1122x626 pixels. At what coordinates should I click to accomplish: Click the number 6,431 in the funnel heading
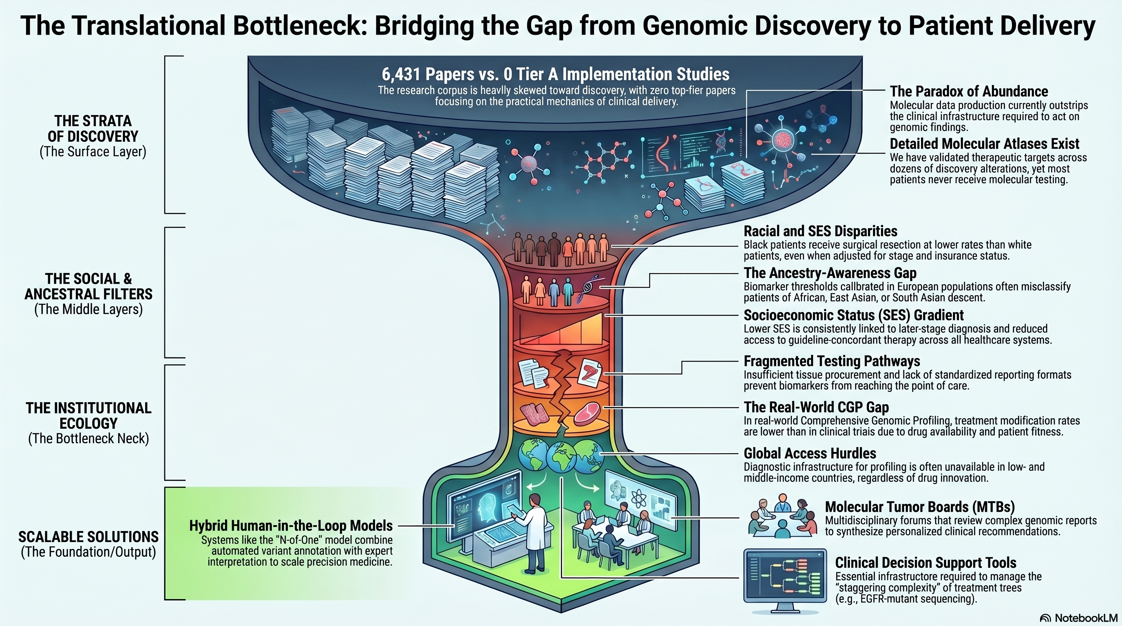click(401, 75)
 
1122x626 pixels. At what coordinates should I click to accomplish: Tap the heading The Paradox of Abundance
click(969, 91)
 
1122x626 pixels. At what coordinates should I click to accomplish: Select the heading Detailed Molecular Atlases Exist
click(984, 143)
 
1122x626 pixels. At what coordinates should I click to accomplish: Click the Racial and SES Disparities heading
click(820, 231)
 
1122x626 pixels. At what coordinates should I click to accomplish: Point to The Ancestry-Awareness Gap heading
click(830, 273)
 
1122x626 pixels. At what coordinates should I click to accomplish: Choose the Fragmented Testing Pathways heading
click(831, 361)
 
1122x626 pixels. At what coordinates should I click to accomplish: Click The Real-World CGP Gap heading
click(816, 408)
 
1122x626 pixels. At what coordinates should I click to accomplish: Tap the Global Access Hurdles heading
click(810, 454)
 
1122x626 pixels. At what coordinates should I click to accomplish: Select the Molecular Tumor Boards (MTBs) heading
click(919, 507)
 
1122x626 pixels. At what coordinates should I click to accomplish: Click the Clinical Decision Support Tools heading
click(925, 563)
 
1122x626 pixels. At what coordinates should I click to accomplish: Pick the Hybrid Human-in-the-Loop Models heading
click(291, 526)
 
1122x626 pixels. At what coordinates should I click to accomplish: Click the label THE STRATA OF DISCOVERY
click(93, 129)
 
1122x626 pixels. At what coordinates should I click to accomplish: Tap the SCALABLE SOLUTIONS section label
click(88, 537)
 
